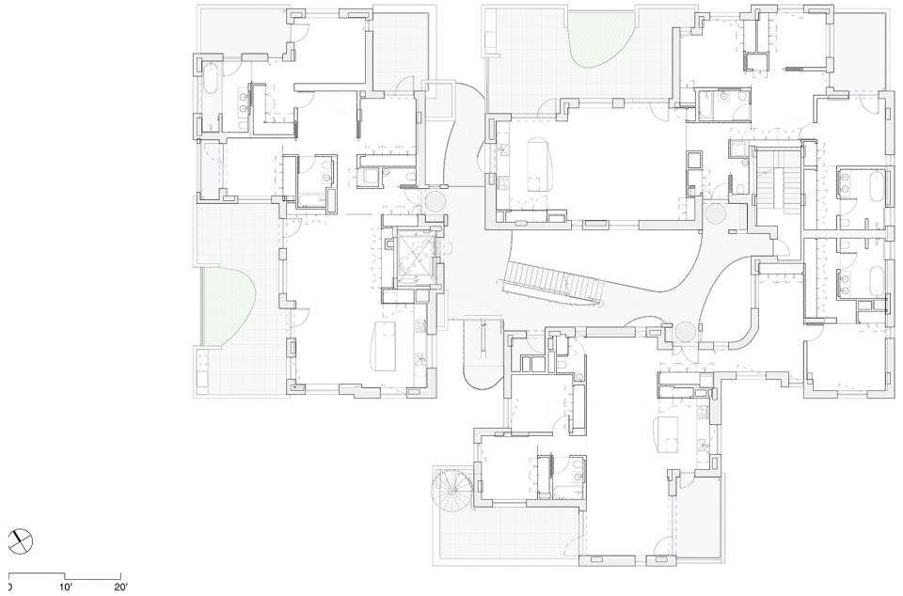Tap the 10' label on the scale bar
(x=65, y=588)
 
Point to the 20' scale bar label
(x=120, y=588)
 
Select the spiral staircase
(x=452, y=489)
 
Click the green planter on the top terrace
(x=601, y=39)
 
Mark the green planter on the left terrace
(x=227, y=306)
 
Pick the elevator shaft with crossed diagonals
(x=411, y=258)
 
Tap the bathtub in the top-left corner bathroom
(x=210, y=86)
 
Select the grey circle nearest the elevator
(x=436, y=202)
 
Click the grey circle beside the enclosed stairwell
(x=716, y=215)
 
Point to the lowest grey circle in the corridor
(x=686, y=331)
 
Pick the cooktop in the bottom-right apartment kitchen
(x=702, y=412)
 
